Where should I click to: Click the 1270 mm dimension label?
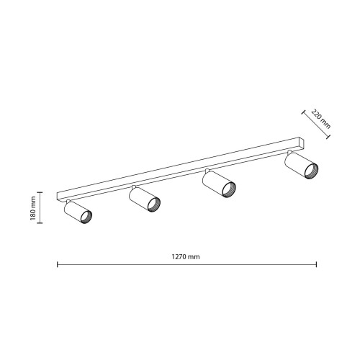pos(186,257)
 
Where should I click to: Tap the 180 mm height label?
pos(33,208)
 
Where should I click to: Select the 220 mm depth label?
pos(320,119)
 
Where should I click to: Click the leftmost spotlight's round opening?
pos(86,217)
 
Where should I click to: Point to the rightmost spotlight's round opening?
pos(311,171)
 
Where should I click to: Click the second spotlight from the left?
pos(145,199)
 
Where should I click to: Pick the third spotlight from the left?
pos(219,184)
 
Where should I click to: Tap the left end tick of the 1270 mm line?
pos(58,264)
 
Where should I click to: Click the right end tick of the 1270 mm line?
pos(317,264)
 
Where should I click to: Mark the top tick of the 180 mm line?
pos(40,192)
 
